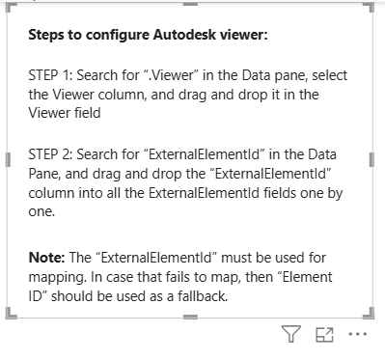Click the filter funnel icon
pos(291,334)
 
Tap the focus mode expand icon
pos(324,335)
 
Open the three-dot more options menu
pos(358,334)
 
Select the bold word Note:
pos(47,258)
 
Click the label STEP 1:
pos(50,75)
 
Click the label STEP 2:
pos(50,154)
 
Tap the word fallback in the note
pos(203,296)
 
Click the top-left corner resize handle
pos(10,7)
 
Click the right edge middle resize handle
pos(371,159)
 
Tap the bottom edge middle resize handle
pos(190,317)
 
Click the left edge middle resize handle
pos(9,159)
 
